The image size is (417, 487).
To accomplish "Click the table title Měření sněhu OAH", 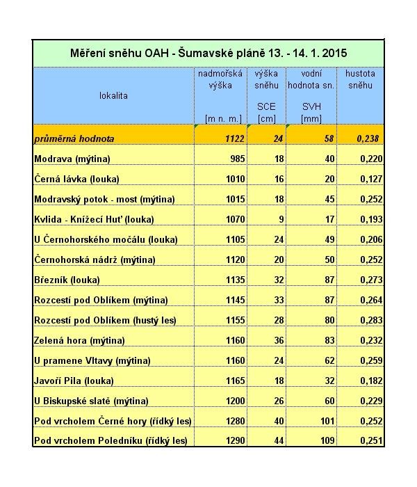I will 208,53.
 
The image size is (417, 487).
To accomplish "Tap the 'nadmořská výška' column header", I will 220,79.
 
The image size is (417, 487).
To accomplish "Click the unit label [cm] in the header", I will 266,118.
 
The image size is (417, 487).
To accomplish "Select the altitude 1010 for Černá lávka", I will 236,179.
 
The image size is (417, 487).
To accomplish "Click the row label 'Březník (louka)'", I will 67,280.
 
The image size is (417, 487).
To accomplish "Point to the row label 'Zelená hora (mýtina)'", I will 79,340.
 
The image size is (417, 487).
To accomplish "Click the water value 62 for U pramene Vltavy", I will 329,360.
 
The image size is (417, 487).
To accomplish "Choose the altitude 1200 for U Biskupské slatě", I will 236,401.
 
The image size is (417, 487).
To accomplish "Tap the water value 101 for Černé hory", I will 327,421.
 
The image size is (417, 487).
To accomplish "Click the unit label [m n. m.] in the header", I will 222,118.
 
